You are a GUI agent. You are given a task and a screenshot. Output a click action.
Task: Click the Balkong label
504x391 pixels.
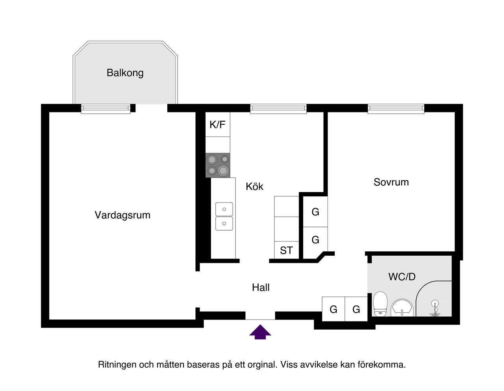[125, 73]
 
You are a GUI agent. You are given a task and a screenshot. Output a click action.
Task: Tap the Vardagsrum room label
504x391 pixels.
[122, 215]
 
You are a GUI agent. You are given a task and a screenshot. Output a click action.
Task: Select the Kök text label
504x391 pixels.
[254, 186]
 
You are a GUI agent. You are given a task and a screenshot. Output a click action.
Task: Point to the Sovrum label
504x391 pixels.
[391, 182]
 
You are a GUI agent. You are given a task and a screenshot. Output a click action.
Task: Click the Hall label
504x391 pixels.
[261, 288]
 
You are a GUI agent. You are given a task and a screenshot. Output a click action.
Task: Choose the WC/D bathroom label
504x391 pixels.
[402, 277]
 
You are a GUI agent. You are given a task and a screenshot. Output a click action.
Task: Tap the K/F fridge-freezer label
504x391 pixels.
[217, 125]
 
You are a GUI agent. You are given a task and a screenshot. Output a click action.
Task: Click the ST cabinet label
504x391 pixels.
[286, 251]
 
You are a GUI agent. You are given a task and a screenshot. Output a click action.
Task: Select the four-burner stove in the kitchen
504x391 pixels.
[218, 165]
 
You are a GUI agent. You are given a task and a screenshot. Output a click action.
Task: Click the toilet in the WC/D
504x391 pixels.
[380, 304]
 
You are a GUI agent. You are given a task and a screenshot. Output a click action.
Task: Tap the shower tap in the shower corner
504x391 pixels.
[435, 308]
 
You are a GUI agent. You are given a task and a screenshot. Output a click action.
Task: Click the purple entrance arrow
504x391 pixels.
[260, 332]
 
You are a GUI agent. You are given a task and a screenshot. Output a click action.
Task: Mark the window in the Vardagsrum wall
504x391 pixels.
[106, 109]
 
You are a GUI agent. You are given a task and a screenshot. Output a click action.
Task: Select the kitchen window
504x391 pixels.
[278, 109]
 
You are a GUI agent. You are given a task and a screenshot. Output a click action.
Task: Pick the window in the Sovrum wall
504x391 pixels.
[396, 109]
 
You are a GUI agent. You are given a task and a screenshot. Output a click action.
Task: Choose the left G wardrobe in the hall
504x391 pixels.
[334, 309]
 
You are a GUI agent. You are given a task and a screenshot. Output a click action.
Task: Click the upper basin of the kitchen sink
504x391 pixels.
[224, 209]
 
